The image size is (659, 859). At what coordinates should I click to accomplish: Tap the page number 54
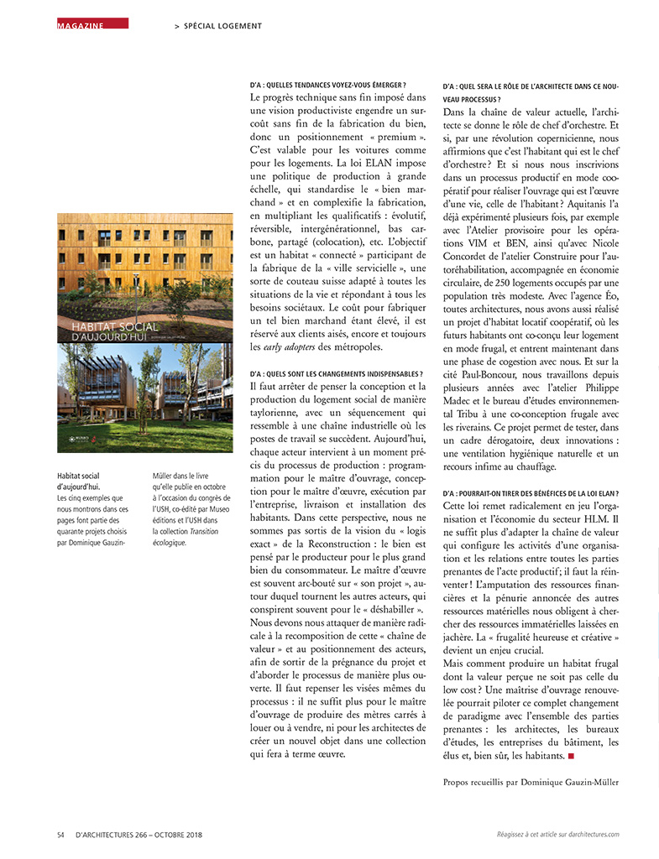point(60,835)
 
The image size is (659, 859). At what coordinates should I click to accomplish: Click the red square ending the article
point(571,756)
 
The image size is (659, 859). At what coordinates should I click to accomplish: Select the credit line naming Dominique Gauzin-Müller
point(530,783)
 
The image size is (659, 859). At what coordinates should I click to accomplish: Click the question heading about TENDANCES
point(327,85)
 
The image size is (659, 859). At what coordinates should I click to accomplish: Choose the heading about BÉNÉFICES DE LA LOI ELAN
point(531,494)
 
